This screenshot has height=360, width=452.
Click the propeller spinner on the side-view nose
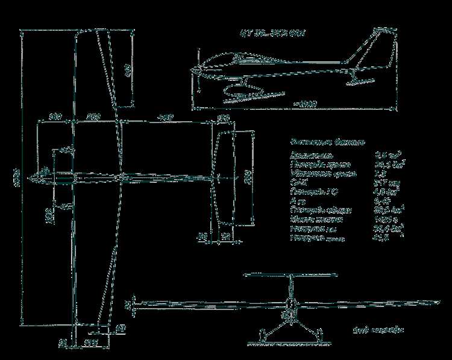pos(197,71)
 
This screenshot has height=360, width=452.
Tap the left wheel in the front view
pos(262,334)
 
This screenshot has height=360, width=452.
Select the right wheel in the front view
pos(320,334)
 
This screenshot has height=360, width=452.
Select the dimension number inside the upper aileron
pos(127,70)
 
